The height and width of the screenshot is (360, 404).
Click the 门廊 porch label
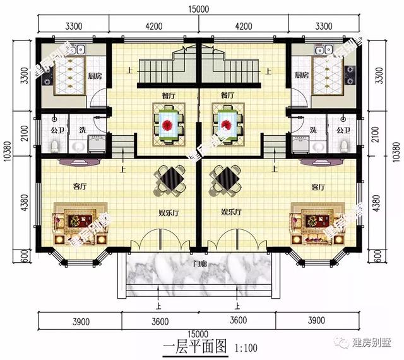coord(201,263)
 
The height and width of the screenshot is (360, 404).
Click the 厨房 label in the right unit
coord(302,75)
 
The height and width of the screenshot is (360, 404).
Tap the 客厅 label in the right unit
coord(318,188)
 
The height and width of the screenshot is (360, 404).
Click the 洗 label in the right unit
coord(313,130)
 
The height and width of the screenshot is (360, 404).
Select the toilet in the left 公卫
coord(56,147)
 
